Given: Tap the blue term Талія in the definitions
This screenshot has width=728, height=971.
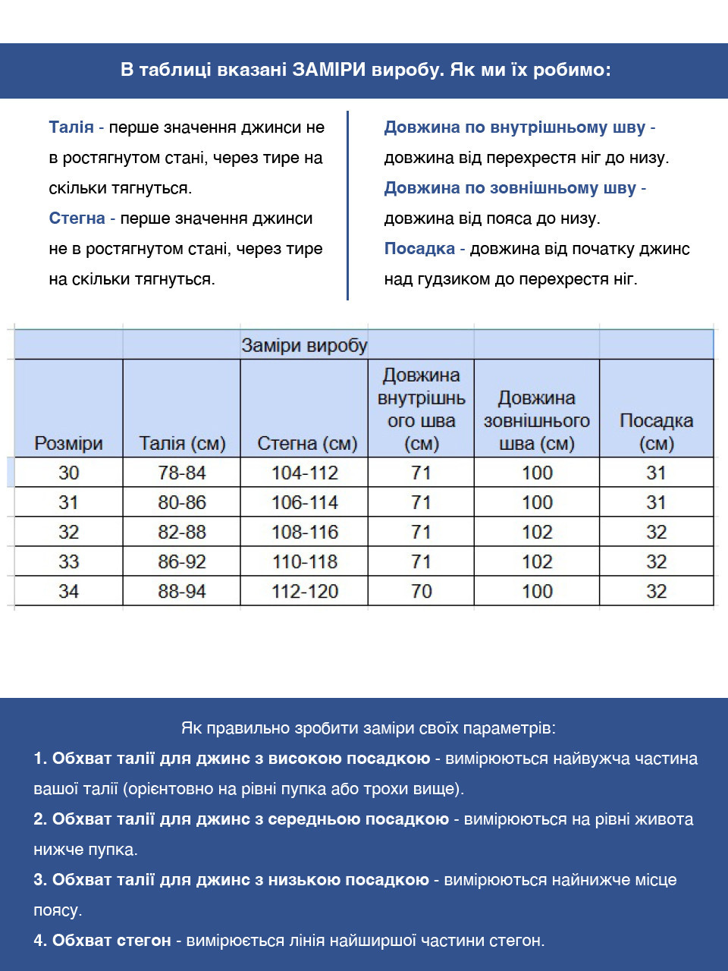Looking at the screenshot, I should tap(71, 127).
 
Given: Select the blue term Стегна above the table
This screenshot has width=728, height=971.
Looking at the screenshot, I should tap(77, 218).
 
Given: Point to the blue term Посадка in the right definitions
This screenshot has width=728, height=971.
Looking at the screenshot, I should tap(419, 249).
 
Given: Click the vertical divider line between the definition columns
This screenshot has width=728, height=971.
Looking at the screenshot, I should tap(347, 205).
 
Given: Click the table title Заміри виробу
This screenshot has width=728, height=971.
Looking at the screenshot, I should tap(304, 346).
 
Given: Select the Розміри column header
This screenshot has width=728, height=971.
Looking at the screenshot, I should tap(68, 444).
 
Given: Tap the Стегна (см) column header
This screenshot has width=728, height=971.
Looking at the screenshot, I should tap(307, 444).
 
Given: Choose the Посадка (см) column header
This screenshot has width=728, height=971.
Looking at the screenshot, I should tap(656, 432).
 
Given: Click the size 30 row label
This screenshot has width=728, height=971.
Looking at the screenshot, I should tap(68, 473).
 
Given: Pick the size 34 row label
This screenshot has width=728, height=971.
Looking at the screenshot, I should tap(68, 591).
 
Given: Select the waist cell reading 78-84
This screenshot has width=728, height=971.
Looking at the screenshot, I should tap(182, 473).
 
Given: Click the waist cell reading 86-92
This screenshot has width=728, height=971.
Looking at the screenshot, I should tap(182, 561).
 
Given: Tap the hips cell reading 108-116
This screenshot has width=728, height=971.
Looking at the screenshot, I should tap(305, 532).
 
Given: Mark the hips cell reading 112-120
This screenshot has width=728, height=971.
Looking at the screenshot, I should tap(305, 591).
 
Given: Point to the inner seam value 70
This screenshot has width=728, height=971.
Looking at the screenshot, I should tap(421, 591).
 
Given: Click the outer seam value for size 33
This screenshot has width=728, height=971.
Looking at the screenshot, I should tap(537, 561).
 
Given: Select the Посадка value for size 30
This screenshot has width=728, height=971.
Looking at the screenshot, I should tap(656, 473).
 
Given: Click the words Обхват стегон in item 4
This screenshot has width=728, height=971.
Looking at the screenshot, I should tap(111, 941).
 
